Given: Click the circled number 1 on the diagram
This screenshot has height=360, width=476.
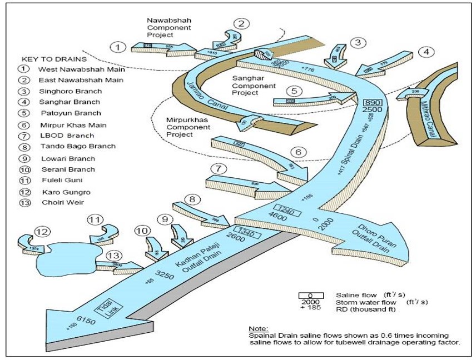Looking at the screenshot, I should (117, 47).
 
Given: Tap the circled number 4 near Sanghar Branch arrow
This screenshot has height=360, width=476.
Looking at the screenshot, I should (426, 53).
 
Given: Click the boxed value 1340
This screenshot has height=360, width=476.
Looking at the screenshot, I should (246, 231).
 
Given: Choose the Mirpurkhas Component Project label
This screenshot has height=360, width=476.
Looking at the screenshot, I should (187, 127).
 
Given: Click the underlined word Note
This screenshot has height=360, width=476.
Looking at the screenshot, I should (258, 328).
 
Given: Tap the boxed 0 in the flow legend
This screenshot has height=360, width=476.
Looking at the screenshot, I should (311, 296).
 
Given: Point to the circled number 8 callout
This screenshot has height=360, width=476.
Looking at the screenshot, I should (193, 199).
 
